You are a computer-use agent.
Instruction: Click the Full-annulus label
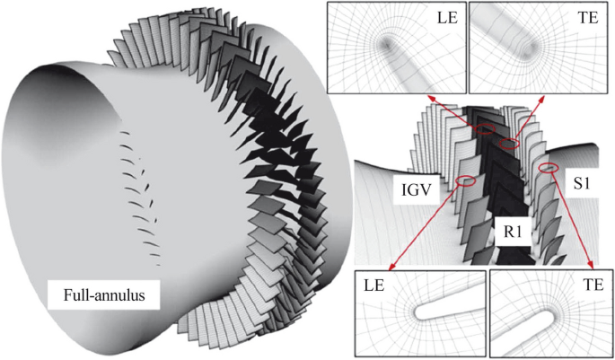[104, 294]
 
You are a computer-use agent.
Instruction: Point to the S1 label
[581, 183]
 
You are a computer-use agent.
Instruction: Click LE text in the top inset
[447, 19]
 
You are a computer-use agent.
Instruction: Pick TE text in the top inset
[588, 19]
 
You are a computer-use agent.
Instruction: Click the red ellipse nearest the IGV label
[465, 180]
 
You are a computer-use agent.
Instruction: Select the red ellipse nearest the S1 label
[549, 168]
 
